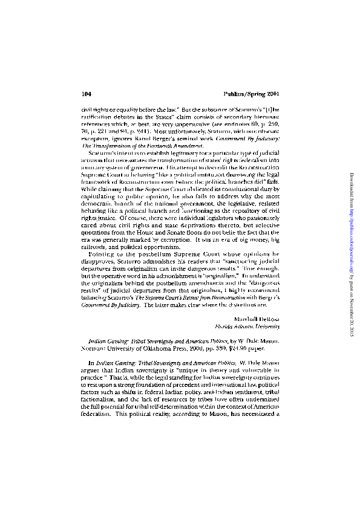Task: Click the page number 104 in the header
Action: pyautogui.click(x=85, y=94)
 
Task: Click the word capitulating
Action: pyautogui.click(x=97, y=196)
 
